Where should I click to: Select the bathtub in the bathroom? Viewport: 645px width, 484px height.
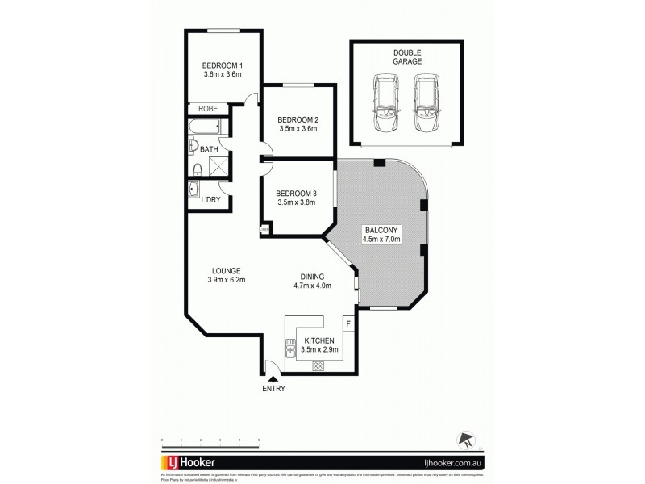click(x=206, y=128)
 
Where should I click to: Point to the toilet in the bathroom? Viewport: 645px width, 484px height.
click(x=198, y=168)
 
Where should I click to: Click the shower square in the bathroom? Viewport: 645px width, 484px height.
click(x=217, y=165)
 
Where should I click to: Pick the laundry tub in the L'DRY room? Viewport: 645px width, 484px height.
click(x=194, y=190)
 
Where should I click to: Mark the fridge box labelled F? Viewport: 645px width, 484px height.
click(x=347, y=324)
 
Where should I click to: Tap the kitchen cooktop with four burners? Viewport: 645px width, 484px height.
click(x=318, y=365)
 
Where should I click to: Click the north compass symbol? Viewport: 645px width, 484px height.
click(x=466, y=440)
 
